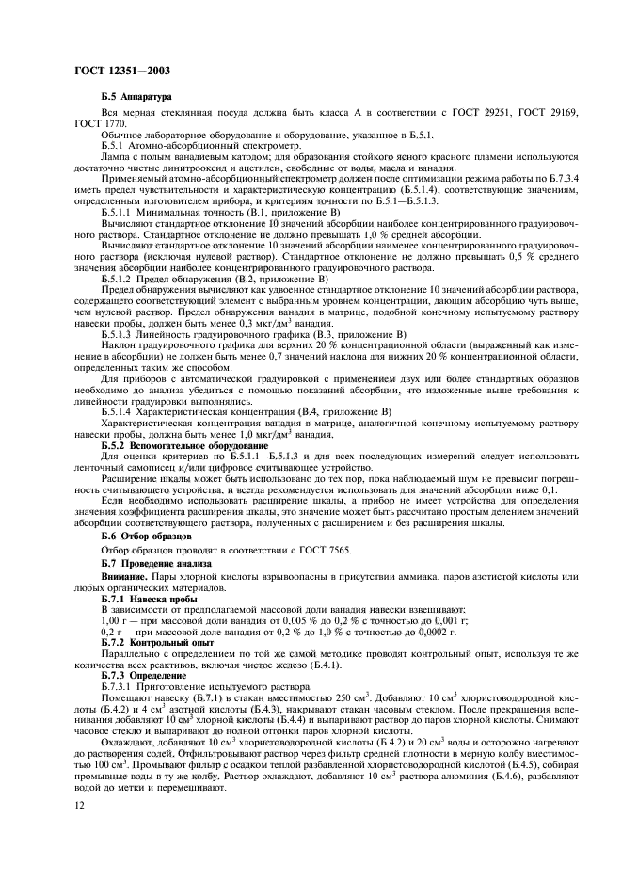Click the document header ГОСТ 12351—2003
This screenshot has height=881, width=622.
(115, 71)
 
